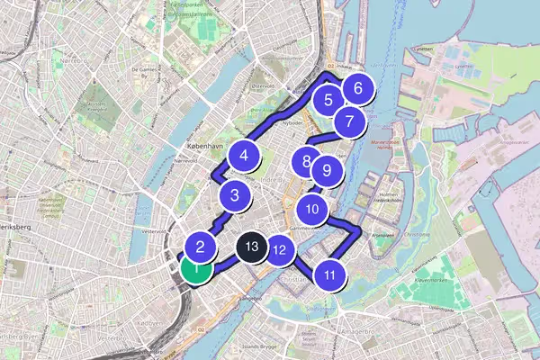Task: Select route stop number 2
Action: [202, 246]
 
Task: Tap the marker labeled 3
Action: [235, 194]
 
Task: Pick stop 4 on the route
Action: [244, 156]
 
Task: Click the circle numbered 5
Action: [328, 101]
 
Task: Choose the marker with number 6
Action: [358, 89]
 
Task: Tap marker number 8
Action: [308, 163]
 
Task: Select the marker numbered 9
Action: [327, 169]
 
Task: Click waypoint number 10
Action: [312, 210]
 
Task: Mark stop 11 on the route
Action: [331, 275]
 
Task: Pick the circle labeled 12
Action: [280, 251]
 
